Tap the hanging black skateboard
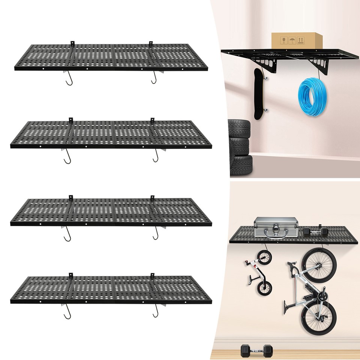[258, 94]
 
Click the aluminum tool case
[276, 228]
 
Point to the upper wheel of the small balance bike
[264, 258]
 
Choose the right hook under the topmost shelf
[154, 79]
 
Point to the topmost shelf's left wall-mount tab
[72, 42]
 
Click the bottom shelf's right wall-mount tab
[152, 276]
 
